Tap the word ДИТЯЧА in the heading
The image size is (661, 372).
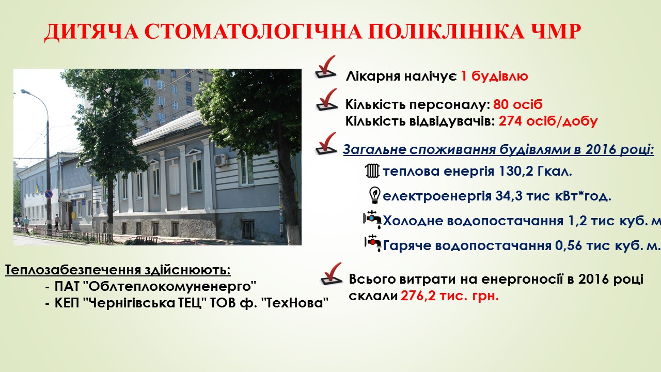point(91,32)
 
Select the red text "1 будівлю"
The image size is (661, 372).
point(494,76)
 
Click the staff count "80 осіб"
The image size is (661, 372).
point(518,104)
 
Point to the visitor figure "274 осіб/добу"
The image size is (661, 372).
point(548,121)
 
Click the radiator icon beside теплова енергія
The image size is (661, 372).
point(372,171)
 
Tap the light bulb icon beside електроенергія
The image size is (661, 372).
point(375,195)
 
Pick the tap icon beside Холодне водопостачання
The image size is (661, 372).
point(372,220)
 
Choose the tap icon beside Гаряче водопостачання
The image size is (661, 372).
point(373,243)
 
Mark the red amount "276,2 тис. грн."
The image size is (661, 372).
point(449,296)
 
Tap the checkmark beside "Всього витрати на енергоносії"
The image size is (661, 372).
point(332,274)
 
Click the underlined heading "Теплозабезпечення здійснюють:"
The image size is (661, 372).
point(118,270)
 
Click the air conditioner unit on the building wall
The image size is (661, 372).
point(221,160)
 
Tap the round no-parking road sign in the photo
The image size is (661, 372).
point(49,194)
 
